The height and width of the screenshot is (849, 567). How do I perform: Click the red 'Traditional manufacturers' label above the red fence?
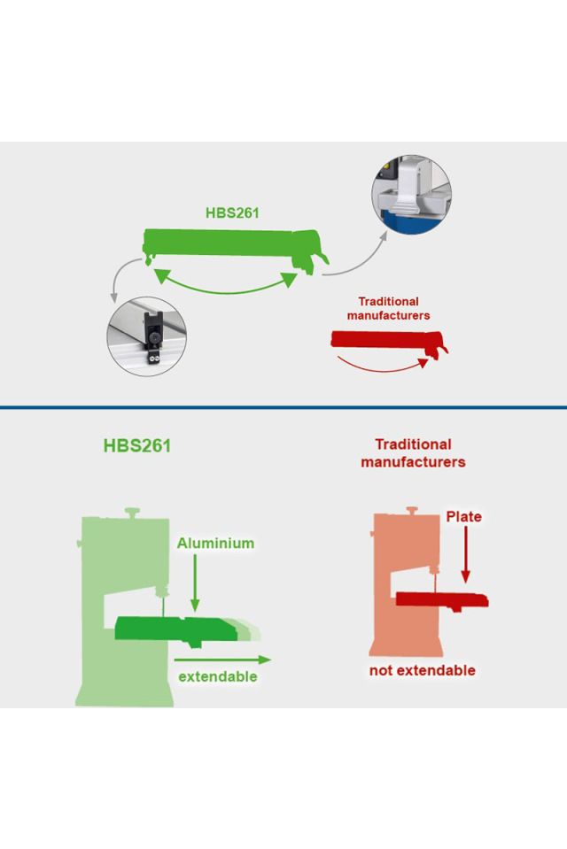(x=388, y=308)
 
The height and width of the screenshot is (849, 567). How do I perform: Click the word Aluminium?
(x=215, y=543)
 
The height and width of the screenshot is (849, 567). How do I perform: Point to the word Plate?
(x=463, y=516)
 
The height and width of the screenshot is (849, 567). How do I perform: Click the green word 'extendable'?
(x=218, y=676)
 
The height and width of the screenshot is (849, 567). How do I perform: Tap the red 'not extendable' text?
(x=422, y=670)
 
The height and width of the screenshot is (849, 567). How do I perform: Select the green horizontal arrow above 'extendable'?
(x=221, y=659)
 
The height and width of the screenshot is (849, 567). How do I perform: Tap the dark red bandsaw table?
(x=440, y=599)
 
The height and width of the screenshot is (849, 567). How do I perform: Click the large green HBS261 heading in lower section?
(x=136, y=445)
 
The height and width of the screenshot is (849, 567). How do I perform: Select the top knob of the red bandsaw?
(x=410, y=511)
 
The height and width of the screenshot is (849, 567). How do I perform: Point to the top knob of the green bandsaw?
(x=133, y=512)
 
